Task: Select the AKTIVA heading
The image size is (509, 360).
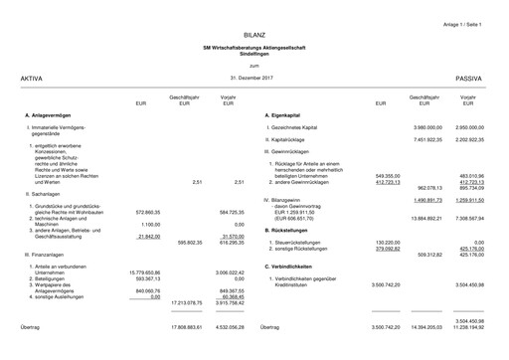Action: click(32, 77)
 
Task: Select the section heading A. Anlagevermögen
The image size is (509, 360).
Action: click(48, 116)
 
